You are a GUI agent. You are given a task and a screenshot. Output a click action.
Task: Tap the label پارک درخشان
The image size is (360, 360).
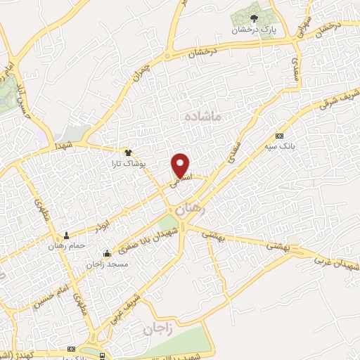(254, 31)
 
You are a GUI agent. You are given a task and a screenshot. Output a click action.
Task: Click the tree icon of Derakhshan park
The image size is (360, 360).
(254, 19)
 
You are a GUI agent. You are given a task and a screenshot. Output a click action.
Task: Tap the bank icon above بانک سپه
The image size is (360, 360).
(280, 136)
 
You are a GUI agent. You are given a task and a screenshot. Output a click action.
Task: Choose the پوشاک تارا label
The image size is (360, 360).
(128, 163)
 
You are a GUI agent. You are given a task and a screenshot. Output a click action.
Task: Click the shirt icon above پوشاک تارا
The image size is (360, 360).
(128, 152)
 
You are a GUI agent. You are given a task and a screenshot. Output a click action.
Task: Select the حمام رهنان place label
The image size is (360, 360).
(67, 245)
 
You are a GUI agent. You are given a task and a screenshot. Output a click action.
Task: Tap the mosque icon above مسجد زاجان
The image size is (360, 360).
(107, 254)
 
